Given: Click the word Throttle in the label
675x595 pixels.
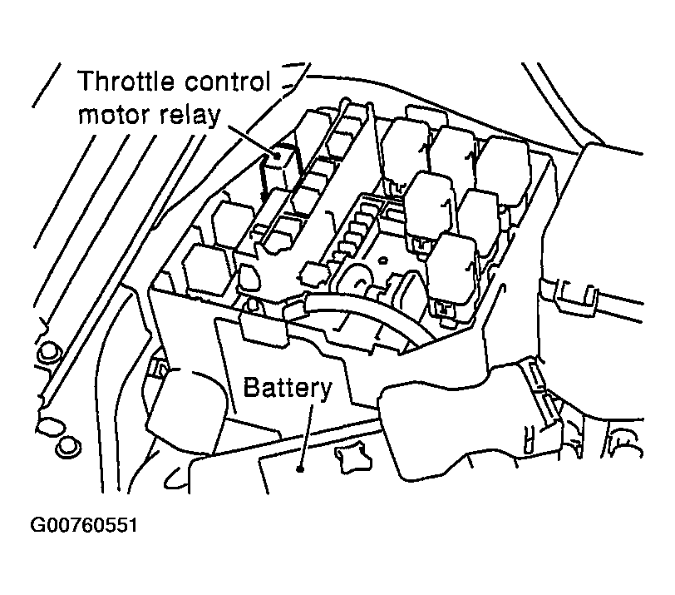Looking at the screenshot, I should pos(128,83).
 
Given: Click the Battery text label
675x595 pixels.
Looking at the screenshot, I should pos(288,387).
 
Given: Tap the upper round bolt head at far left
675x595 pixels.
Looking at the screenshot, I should pos(50,350).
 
